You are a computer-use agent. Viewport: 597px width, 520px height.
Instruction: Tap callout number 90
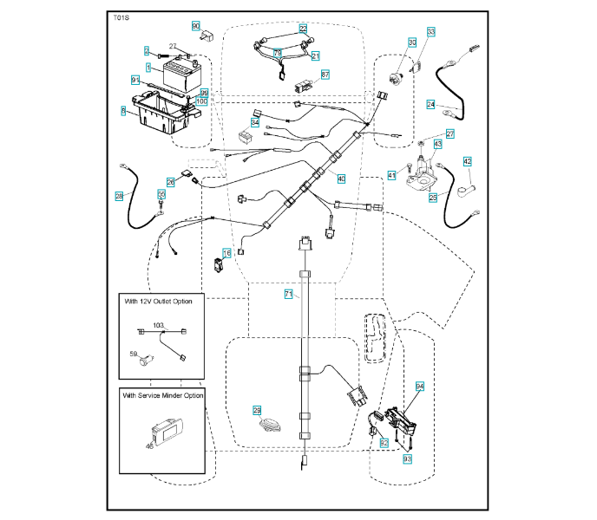coord(195,26)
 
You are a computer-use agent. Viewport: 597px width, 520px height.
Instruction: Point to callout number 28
coord(119,196)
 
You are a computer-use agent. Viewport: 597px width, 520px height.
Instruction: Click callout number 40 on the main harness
coord(341,179)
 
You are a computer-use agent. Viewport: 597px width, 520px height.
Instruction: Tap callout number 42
coord(467,161)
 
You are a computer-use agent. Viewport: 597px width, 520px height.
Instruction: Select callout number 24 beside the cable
coord(430,104)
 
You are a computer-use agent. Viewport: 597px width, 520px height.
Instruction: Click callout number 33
coord(430,32)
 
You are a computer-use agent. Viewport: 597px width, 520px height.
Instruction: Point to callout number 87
coord(325,75)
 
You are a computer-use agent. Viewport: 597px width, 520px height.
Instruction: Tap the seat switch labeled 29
coord(268,425)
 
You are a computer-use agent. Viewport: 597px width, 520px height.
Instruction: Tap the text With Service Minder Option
coord(164,395)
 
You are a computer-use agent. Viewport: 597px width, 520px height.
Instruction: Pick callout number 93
coord(406,457)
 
